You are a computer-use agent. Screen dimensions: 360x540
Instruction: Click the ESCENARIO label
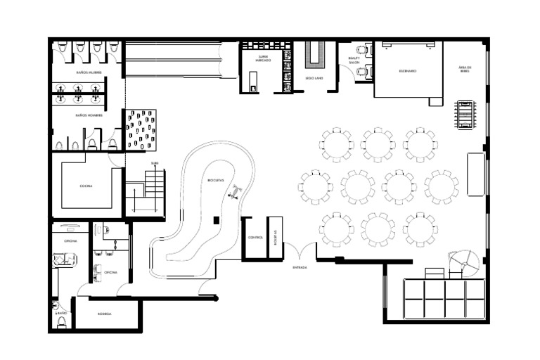(x=408, y=71)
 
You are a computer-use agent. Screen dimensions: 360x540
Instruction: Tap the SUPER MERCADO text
(x=264, y=58)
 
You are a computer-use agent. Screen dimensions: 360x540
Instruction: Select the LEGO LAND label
(x=314, y=78)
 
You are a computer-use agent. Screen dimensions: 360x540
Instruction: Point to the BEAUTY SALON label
(x=354, y=60)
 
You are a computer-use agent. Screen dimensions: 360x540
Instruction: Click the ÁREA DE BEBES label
(x=465, y=69)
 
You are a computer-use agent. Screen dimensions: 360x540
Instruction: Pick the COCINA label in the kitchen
(x=86, y=186)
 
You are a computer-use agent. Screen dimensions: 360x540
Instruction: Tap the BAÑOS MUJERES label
(x=89, y=72)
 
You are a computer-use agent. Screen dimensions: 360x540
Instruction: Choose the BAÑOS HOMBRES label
(x=89, y=115)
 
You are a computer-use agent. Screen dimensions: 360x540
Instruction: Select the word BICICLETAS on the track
(x=216, y=181)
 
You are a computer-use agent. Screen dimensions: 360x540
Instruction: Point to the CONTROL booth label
(x=255, y=238)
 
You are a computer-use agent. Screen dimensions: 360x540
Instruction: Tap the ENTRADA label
(x=300, y=267)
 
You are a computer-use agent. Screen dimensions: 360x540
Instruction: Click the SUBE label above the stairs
(x=155, y=164)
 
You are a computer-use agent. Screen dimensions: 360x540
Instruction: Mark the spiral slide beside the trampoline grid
(x=465, y=264)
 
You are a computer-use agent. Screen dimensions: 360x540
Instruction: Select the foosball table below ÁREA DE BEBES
(x=465, y=114)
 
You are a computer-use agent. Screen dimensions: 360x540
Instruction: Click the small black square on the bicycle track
(x=216, y=221)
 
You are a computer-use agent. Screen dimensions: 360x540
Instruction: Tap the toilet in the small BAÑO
(x=62, y=322)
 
